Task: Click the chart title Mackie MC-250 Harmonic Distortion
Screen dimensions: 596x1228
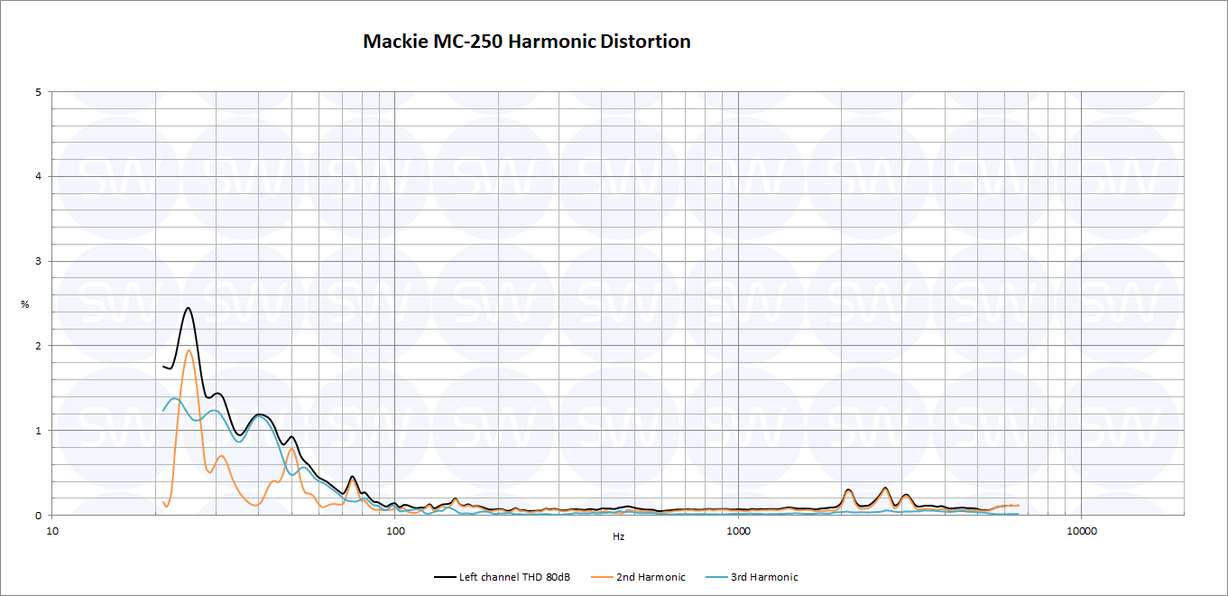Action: [527, 42]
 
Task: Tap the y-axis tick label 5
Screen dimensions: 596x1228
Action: [38, 92]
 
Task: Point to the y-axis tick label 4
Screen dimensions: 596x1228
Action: [38, 176]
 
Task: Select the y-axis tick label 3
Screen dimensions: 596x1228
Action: [38, 261]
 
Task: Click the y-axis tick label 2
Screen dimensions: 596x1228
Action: [38, 346]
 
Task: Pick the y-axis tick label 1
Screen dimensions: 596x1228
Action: [38, 431]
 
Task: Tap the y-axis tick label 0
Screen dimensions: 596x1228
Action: [38, 516]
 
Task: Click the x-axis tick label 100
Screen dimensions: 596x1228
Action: [395, 530]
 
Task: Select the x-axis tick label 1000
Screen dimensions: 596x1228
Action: [738, 530]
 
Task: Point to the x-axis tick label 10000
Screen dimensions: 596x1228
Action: [1081, 530]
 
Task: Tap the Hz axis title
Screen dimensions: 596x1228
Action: [618, 536]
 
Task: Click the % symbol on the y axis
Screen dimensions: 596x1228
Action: [25, 304]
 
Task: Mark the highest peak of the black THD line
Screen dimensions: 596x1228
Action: [188, 308]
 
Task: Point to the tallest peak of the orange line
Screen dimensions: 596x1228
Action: [189, 350]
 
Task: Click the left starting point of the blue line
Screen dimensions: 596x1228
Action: [163, 411]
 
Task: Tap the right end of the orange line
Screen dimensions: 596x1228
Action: [1019, 506]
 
